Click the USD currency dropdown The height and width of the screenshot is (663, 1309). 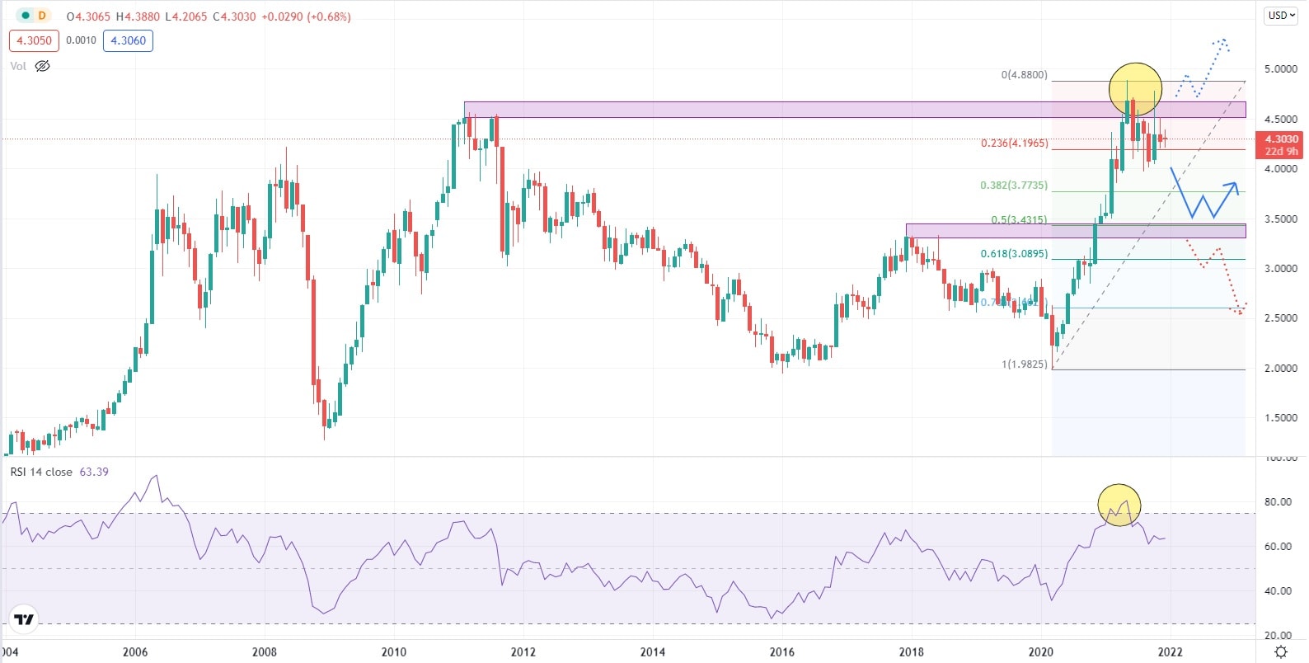pyautogui.click(x=1282, y=16)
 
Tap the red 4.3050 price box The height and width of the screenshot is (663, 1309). pyautogui.click(x=34, y=40)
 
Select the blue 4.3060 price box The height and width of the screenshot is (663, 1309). pyautogui.click(x=128, y=40)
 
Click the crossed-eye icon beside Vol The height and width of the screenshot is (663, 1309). pyautogui.click(x=42, y=66)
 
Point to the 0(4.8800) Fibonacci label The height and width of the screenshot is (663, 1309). pyautogui.click(x=1024, y=75)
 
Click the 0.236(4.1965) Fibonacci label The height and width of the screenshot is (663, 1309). pyautogui.click(x=1014, y=143)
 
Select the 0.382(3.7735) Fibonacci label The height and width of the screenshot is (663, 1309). pyautogui.click(x=1013, y=186)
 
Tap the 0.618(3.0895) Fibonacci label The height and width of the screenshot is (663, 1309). pyautogui.click(x=1013, y=254)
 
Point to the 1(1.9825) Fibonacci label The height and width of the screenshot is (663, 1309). pyautogui.click(x=1024, y=364)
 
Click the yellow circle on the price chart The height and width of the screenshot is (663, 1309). pyautogui.click(x=1135, y=88)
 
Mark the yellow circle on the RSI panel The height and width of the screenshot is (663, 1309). pyautogui.click(x=1119, y=505)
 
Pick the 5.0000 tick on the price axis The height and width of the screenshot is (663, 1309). pyautogui.click(x=1281, y=69)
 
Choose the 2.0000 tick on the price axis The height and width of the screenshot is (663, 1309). pyautogui.click(x=1281, y=369)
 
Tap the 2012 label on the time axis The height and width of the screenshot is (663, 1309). pyautogui.click(x=523, y=652)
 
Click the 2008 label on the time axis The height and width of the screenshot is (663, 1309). pyautogui.click(x=264, y=652)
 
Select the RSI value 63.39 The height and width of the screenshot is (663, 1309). pyautogui.click(x=94, y=472)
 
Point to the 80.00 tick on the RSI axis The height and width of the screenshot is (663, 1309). pyautogui.click(x=1278, y=502)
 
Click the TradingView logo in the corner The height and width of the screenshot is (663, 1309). pyautogui.click(x=24, y=620)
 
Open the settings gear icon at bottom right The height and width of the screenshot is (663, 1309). pyautogui.click(x=1281, y=652)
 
